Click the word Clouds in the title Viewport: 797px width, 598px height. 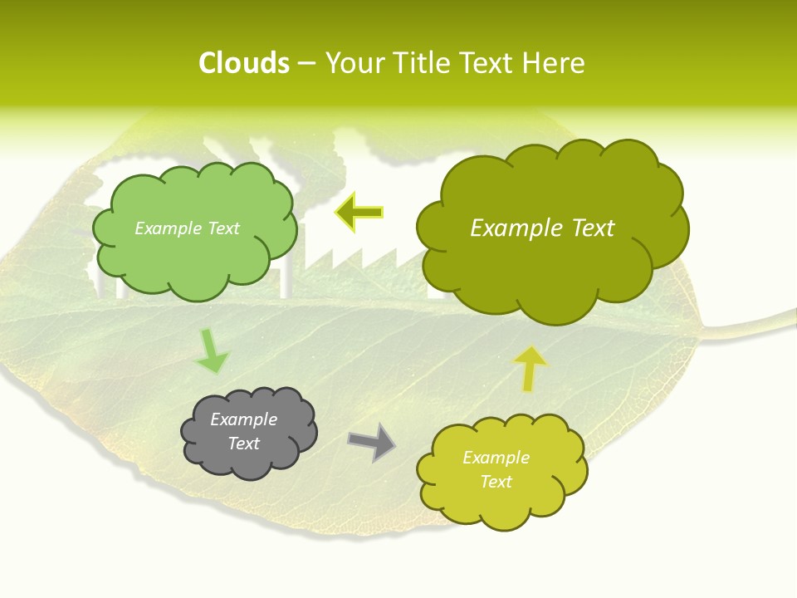click(244, 63)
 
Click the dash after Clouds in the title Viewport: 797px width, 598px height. click(306, 64)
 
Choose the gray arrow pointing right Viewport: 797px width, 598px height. click(371, 442)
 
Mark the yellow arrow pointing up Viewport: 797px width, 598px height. click(531, 368)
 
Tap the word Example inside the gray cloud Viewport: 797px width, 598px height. click(243, 419)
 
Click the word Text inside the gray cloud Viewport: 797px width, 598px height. click(243, 444)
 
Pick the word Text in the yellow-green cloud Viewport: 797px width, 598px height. click(496, 482)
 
